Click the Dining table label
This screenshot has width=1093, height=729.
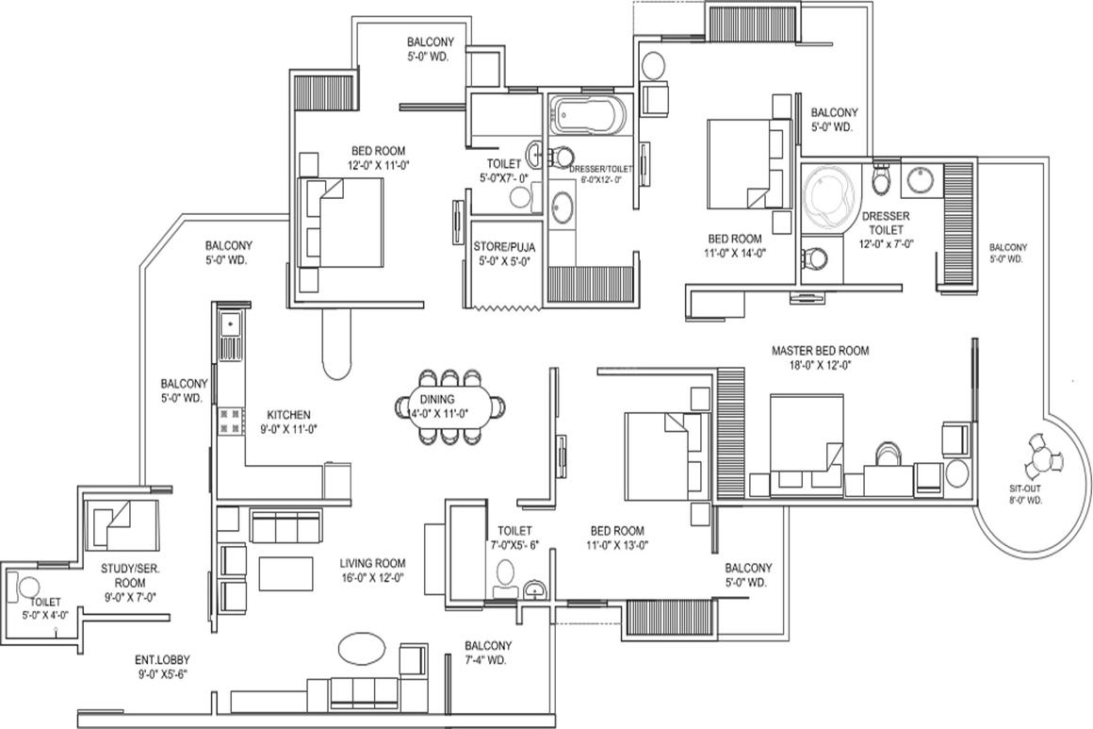(437, 399)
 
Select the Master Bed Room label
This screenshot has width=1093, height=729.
(821, 350)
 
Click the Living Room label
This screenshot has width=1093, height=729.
(372, 563)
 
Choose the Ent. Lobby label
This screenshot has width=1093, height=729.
(162, 660)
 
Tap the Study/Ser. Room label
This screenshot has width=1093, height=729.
(130, 575)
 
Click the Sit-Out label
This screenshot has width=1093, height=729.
(1025, 489)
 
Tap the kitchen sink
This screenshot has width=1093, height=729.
(229, 324)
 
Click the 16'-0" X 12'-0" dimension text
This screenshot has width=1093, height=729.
(372, 577)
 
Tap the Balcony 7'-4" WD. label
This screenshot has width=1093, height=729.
(488, 653)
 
